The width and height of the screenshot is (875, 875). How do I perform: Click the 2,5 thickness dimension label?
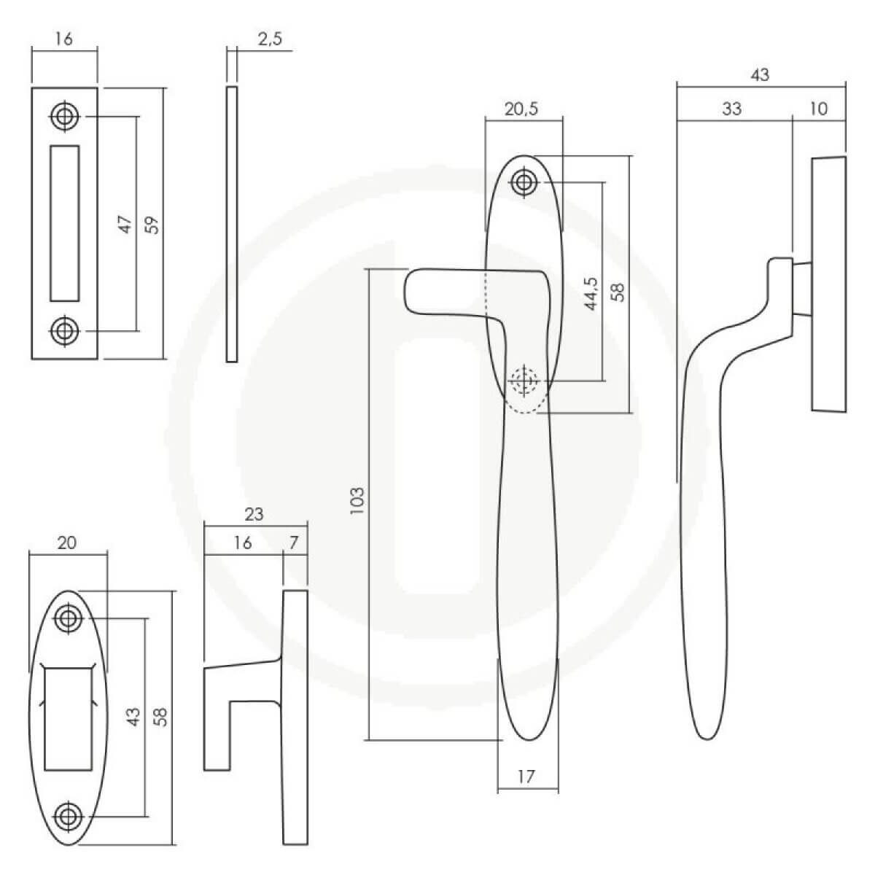pos(270,39)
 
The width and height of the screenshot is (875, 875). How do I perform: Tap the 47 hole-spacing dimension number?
pos(125,225)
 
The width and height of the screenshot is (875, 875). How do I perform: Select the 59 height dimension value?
pos(153,225)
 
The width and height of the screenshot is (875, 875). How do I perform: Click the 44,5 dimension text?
pos(591,294)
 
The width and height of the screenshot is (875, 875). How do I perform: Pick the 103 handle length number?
pos(357,500)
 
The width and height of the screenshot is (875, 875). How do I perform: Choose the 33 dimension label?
pos(731,109)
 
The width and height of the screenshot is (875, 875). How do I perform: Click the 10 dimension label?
pos(819,109)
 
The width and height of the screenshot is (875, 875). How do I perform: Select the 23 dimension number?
pos(254,515)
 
